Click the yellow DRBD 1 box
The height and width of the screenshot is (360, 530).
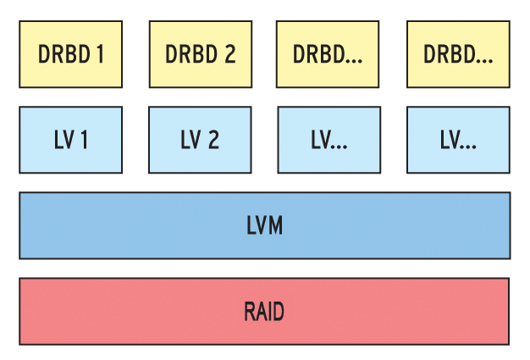coord(70,54)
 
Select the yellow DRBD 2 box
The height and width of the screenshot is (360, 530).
coord(200,54)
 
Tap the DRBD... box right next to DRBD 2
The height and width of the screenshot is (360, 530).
coord(328,54)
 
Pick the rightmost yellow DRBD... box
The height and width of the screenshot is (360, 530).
coord(458,54)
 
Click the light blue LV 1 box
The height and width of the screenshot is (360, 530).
coord(70,140)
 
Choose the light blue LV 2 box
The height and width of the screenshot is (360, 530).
coord(200,140)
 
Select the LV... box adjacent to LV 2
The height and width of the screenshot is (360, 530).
coord(328,140)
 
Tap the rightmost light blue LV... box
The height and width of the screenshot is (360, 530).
coord(458,140)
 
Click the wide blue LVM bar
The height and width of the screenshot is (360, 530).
coord(264,225)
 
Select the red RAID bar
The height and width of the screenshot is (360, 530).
coord(264,311)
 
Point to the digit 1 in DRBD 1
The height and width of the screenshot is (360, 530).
coord(100,55)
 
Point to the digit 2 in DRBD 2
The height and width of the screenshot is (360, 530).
coord(229,55)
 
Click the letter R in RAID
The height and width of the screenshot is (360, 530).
coord(249,312)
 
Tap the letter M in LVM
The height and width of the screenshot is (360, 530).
coord(275,226)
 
